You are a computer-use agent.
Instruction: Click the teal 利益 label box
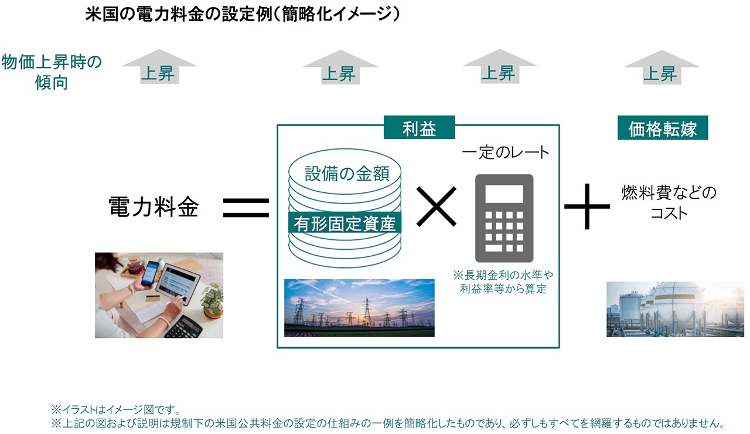tap(419, 127)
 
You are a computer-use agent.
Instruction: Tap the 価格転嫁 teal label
tap(663, 128)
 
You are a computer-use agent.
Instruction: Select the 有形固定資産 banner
tap(345, 222)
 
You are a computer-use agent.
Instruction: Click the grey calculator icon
tap(504, 218)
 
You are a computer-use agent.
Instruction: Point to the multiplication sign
tap(437, 206)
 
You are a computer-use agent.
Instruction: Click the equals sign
tap(246, 208)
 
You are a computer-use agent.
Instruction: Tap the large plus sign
tap(587, 206)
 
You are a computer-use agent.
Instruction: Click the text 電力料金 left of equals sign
tap(154, 207)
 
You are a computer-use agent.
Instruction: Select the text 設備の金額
tap(347, 174)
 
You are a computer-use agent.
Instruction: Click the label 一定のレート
tap(506, 152)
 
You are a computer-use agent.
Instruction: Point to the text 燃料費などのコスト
tap(669, 202)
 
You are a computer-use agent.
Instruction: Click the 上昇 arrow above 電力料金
tap(159, 66)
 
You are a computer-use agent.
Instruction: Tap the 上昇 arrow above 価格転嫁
tap(662, 67)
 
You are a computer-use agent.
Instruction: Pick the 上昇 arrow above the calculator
tap(500, 66)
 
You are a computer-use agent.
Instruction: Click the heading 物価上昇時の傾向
tap(52, 72)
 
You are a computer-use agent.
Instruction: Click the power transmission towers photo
tap(359, 308)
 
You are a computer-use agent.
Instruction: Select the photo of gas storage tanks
tap(676, 309)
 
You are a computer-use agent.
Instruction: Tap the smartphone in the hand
tap(150, 273)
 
